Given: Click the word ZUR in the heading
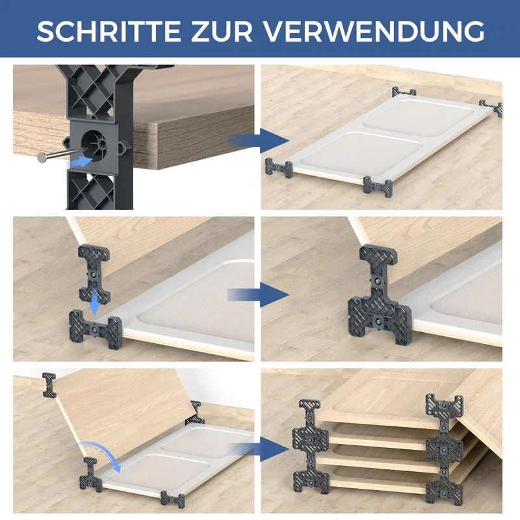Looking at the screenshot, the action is tap(222, 31).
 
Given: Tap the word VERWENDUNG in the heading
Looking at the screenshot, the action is tap(374, 31).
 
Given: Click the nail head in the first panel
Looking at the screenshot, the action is tap(42, 157).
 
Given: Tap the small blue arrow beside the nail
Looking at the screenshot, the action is tap(79, 162).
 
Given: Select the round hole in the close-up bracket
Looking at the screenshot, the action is tap(94, 145).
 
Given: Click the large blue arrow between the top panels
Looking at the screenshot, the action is tap(258, 140).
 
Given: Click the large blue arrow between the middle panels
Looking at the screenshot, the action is tap(258, 294).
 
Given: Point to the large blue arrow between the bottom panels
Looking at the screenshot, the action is tap(259, 449).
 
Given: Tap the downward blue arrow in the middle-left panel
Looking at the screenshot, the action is tap(94, 302).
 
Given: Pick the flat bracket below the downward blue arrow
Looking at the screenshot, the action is tap(96, 328).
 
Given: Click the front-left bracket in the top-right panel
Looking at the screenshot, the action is tap(279, 168).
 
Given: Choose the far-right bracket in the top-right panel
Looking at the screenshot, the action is tap(491, 107).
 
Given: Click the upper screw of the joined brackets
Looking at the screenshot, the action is tap(378, 281).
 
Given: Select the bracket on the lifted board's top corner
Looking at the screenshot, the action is tap(49, 385).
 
